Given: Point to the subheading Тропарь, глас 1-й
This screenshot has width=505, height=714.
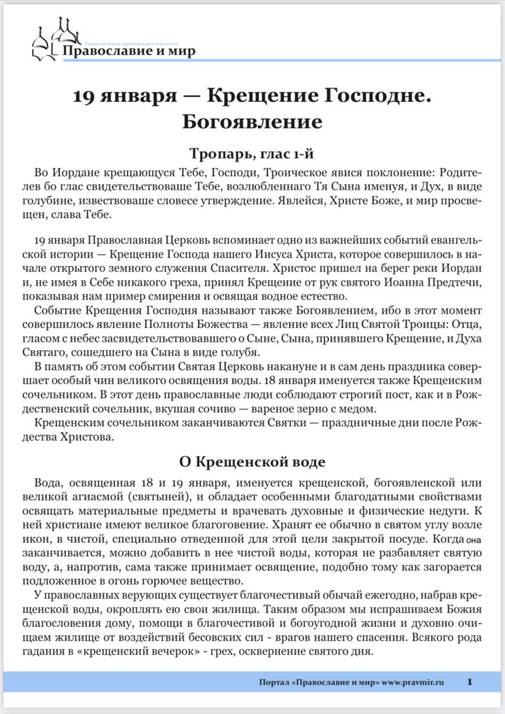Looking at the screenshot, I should point(252,153).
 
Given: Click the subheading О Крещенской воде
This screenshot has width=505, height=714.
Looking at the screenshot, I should point(252,462).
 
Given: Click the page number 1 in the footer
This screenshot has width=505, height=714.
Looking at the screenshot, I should point(471,681).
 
